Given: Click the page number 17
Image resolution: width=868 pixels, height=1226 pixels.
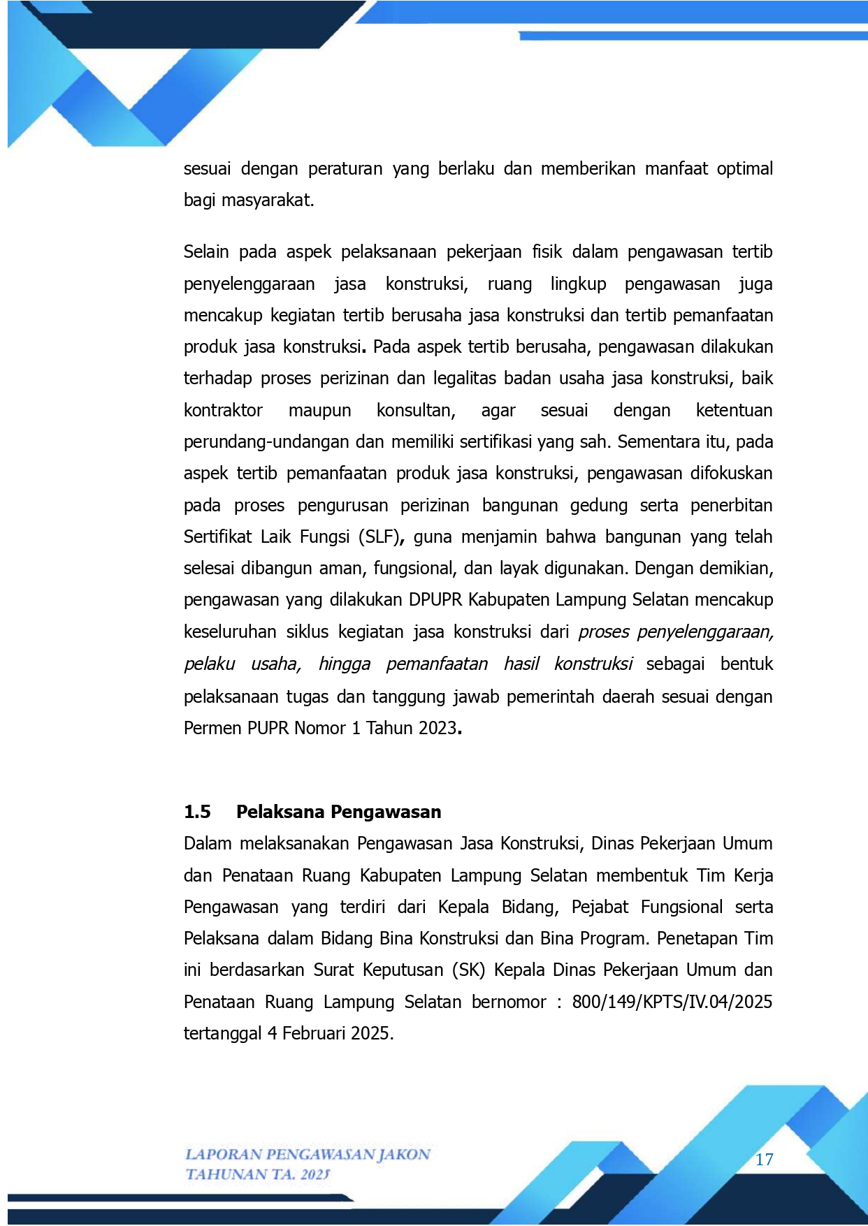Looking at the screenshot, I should point(764,1160).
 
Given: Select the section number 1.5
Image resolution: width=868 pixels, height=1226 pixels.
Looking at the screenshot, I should point(197,812).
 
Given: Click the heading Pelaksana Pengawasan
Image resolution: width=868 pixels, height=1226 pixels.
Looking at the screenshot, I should point(338,812).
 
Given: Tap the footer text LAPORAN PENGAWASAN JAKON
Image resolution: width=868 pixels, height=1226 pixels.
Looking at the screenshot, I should point(308,1154).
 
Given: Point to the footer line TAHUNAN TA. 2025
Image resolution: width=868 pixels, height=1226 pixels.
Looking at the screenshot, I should point(257,1174).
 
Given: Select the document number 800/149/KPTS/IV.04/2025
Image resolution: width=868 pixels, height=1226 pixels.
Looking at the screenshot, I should point(672,1002).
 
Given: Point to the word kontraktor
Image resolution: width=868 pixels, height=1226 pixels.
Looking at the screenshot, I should point(223,410).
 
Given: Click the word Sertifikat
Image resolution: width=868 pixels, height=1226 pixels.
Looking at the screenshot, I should point(217,537).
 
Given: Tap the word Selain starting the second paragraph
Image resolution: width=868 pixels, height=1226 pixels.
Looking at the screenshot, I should point(206,251).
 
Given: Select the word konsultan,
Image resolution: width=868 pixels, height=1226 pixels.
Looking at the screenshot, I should point(416,410).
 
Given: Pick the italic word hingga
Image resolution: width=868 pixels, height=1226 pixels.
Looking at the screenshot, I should point(344,664).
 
